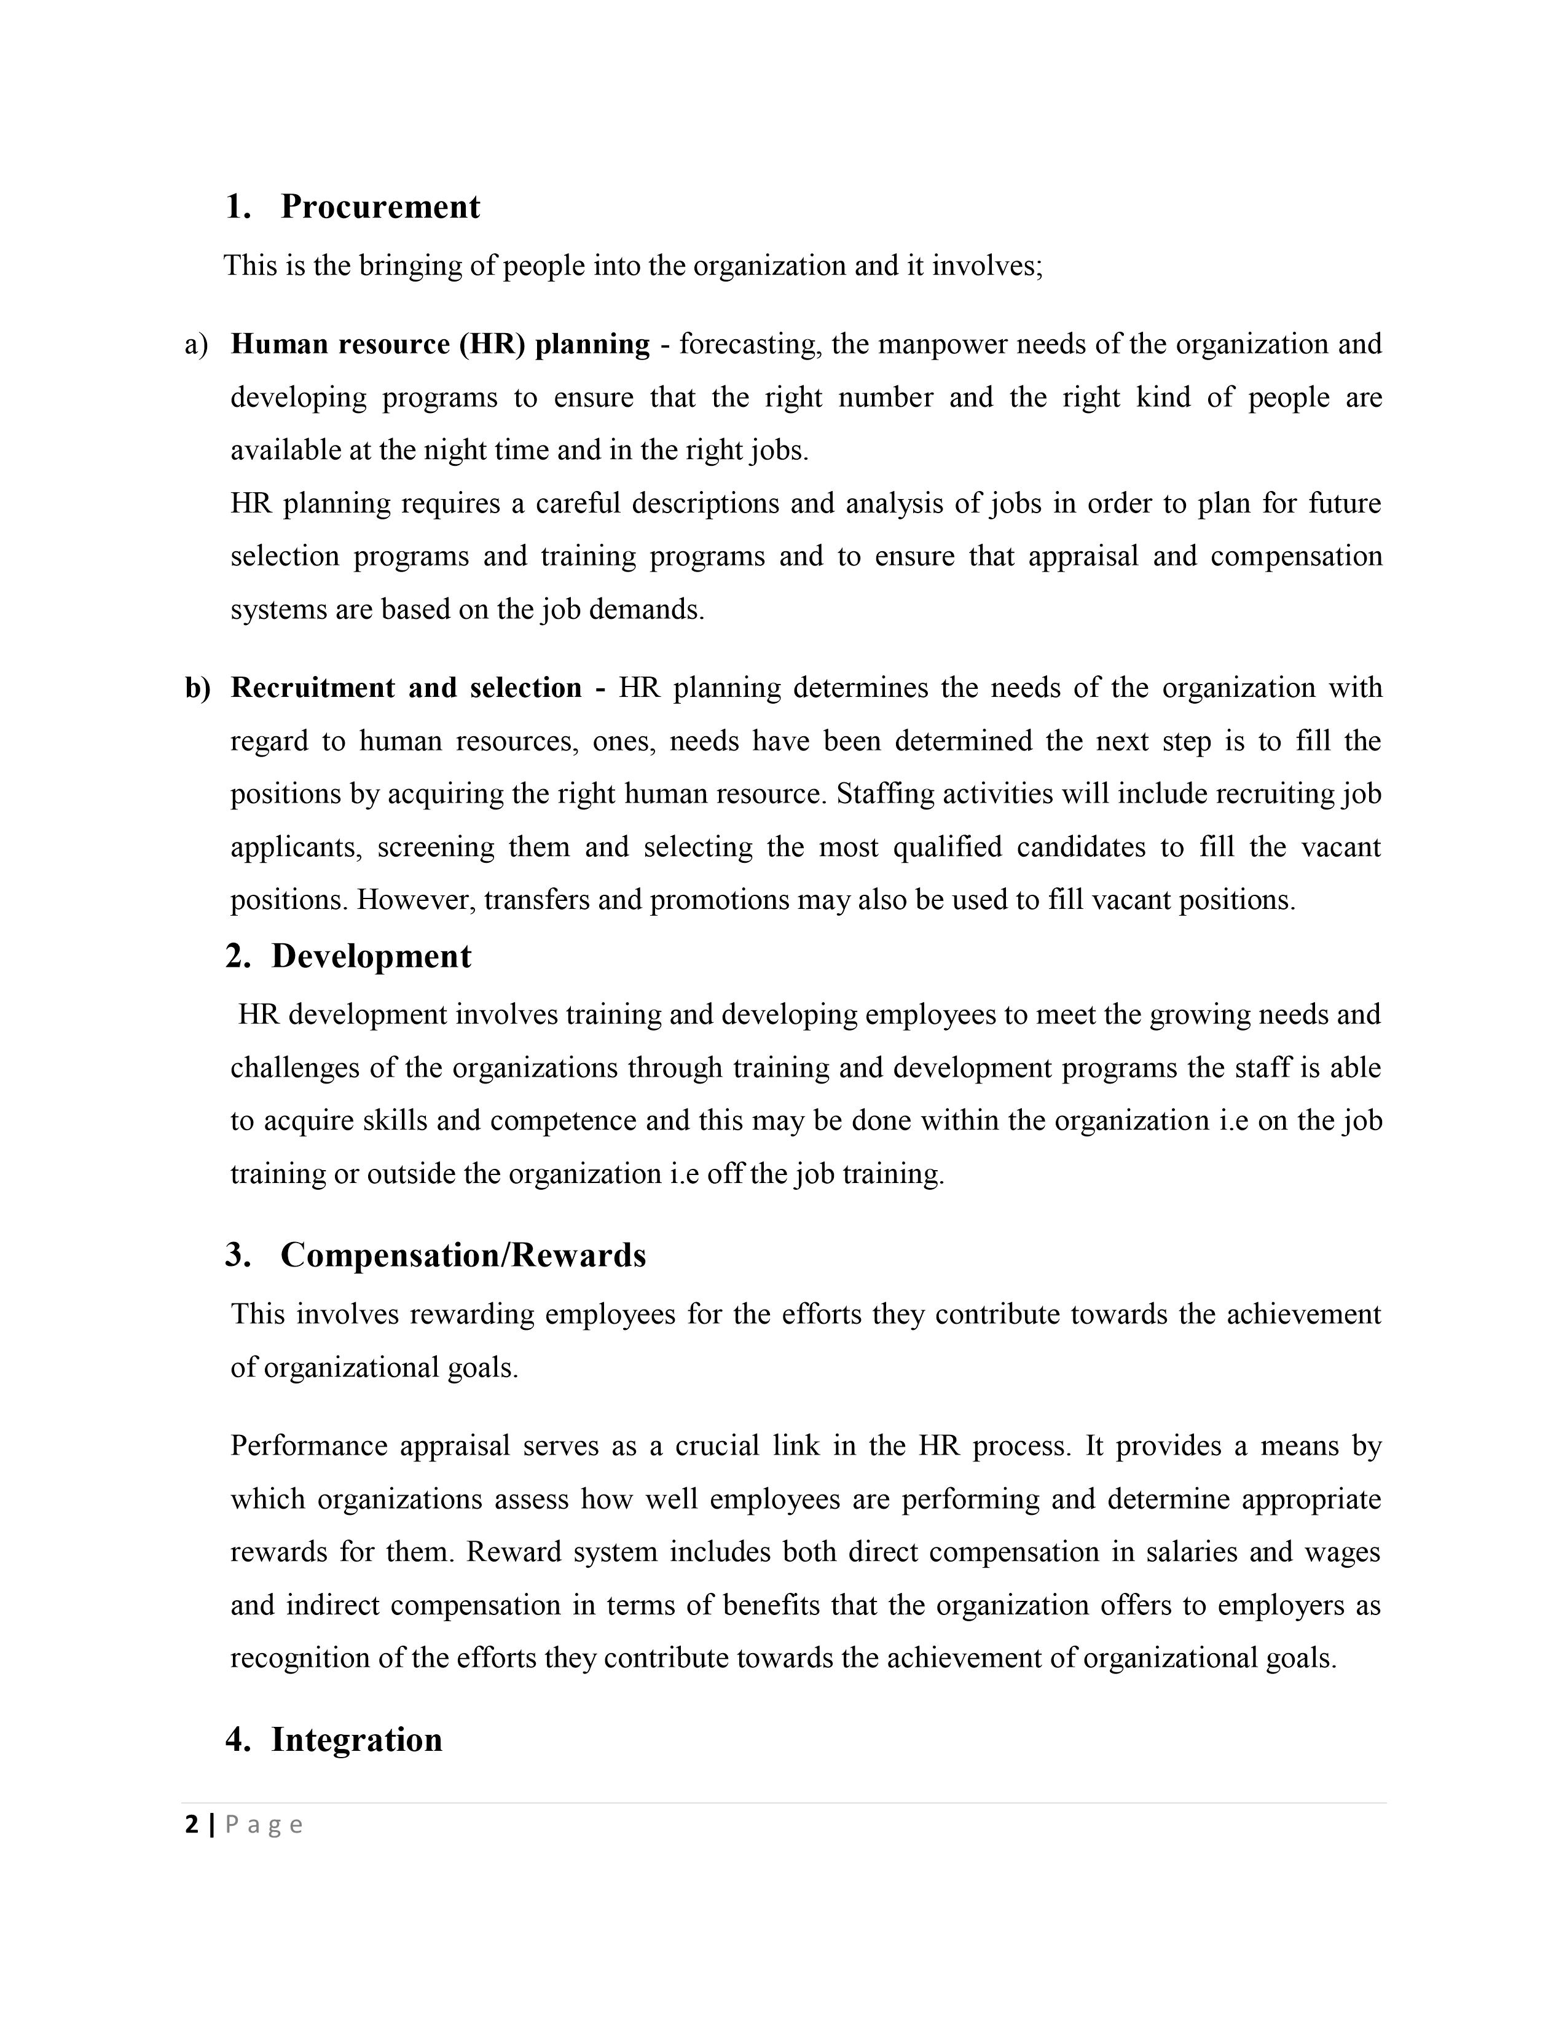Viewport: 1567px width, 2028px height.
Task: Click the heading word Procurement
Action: pos(380,207)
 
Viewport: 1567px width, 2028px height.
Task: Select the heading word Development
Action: pos(371,956)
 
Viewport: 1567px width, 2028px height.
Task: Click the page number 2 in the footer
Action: pos(192,1825)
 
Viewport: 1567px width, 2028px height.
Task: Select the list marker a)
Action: pos(197,345)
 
